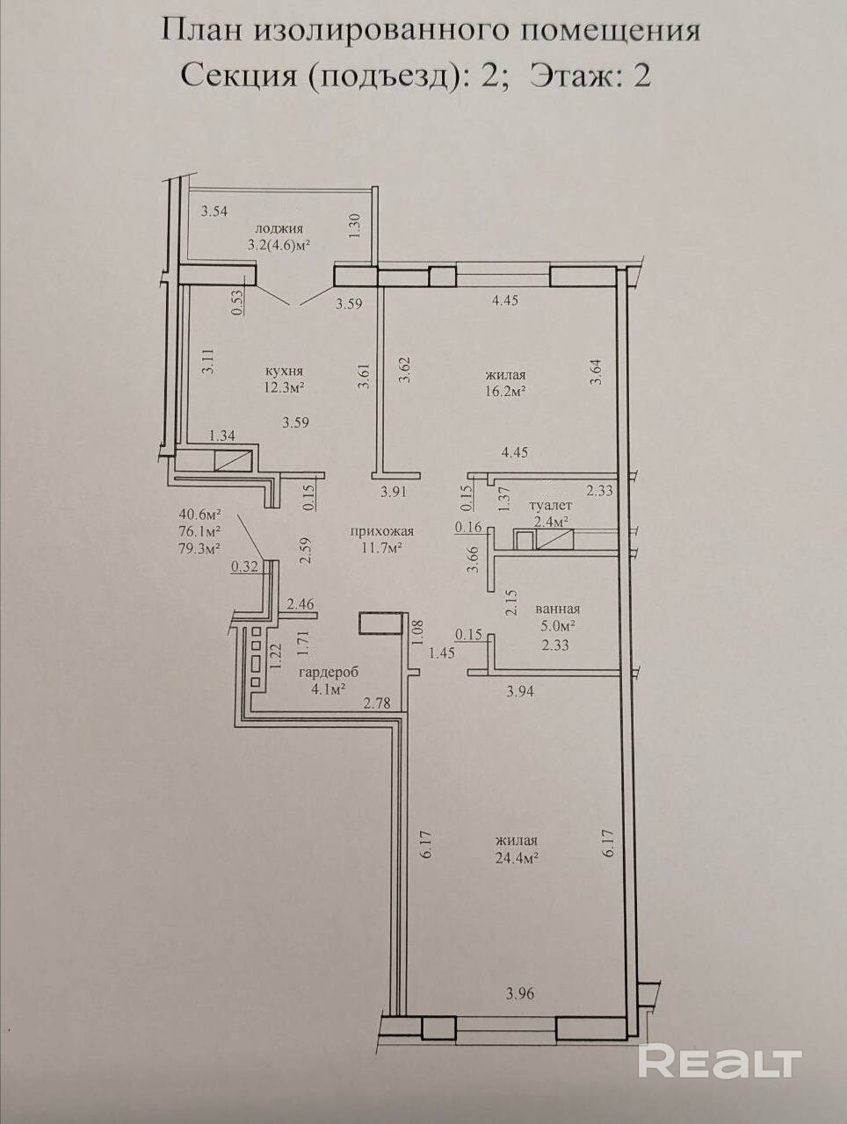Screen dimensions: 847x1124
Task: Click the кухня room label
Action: click(284, 371)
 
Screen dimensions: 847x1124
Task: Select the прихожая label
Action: click(381, 531)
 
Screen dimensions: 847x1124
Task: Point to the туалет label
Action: click(551, 505)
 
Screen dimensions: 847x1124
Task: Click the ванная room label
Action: click(558, 609)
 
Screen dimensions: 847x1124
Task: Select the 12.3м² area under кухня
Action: click(285, 387)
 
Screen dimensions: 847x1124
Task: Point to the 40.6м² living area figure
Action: click(200, 513)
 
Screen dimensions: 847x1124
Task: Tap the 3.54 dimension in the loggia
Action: click(214, 212)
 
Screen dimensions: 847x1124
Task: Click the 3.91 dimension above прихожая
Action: click(394, 493)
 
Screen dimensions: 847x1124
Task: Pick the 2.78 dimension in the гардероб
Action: click(377, 703)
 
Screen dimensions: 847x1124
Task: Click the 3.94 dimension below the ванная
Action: click(520, 692)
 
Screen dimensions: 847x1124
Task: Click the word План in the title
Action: click(204, 32)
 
